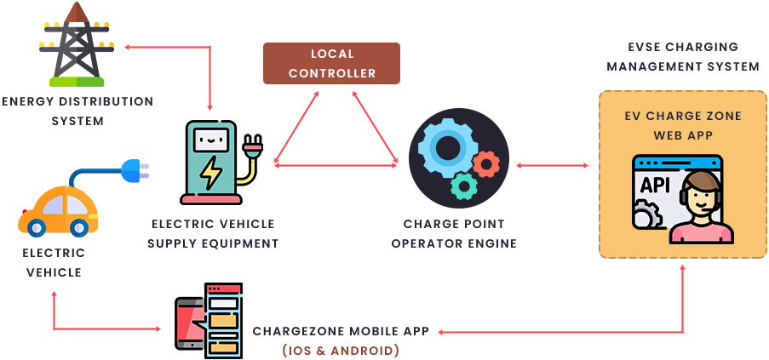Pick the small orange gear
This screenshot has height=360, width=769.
[486, 163]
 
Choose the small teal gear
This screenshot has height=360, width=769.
[464, 185]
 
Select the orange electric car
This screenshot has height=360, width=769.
[54, 212]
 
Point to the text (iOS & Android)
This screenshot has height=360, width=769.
[341, 350]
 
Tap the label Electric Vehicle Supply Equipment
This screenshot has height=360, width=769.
[213, 234]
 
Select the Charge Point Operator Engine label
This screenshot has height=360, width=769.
[455, 234]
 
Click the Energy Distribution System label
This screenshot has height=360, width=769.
[77, 111]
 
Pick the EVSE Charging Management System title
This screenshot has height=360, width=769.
[682, 56]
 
